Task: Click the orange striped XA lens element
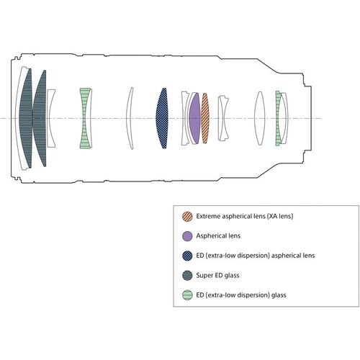click(x=205, y=118)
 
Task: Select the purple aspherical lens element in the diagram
click(x=194, y=118)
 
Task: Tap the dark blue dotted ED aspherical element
click(x=162, y=118)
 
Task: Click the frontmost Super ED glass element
click(x=26, y=118)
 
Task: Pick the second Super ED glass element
click(x=40, y=118)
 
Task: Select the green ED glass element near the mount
click(x=278, y=118)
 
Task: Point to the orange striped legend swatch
click(x=187, y=216)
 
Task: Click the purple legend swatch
click(x=187, y=236)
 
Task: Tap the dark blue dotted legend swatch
click(x=187, y=256)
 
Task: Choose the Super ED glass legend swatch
click(x=187, y=275)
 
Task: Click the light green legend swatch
click(x=187, y=295)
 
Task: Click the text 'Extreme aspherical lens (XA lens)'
click(x=245, y=216)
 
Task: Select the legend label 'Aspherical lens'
click(x=218, y=236)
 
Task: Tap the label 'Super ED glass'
click(x=217, y=275)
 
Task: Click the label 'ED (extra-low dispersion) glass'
click(x=241, y=295)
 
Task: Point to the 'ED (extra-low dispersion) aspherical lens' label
click(x=256, y=256)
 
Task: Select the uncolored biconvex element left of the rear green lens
click(x=259, y=118)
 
